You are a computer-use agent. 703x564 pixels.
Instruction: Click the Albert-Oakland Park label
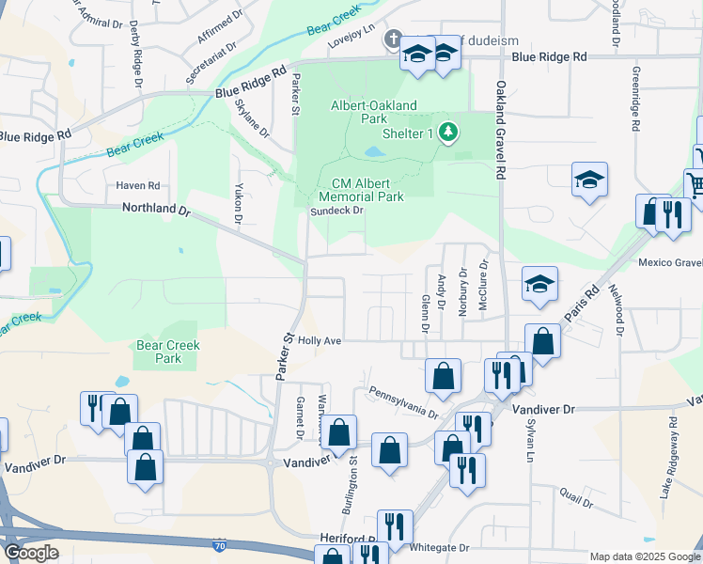(373, 113)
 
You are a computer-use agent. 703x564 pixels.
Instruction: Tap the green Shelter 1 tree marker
(448, 133)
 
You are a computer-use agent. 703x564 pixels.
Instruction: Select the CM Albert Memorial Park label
(361, 191)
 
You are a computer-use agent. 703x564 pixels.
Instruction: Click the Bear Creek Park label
(168, 352)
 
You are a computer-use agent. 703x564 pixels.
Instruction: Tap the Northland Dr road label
(155, 211)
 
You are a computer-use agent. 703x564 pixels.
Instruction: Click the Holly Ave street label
(320, 341)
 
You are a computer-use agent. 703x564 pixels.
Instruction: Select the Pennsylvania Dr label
(403, 400)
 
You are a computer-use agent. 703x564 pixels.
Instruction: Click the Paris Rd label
(581, 307)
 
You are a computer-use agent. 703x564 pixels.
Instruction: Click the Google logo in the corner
(31, 552)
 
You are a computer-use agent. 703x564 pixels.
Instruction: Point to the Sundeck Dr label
(337, 211)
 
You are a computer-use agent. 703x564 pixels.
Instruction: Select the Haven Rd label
(138, 185)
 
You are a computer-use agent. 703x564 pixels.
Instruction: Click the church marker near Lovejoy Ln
(392, 39)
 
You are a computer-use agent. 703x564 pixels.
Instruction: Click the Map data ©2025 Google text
(644, 556)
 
